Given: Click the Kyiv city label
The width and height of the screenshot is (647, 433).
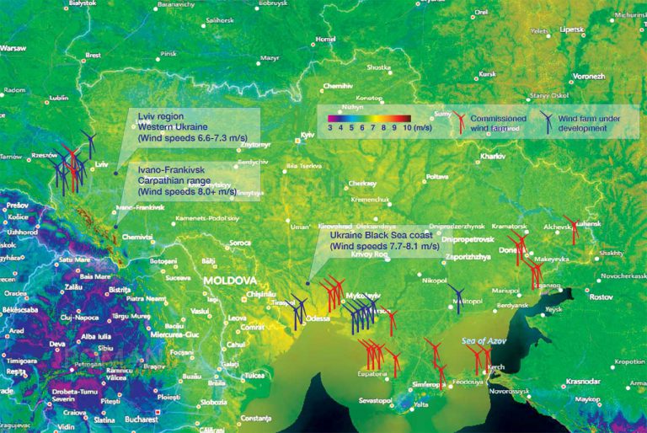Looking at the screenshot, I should (x=307, y=134).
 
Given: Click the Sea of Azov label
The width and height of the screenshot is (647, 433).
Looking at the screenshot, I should (x=480, y=339).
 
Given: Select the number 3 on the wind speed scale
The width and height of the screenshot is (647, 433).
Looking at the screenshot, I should (x=330, y=128).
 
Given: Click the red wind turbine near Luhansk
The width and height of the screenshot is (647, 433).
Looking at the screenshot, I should (x=573, y=228).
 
